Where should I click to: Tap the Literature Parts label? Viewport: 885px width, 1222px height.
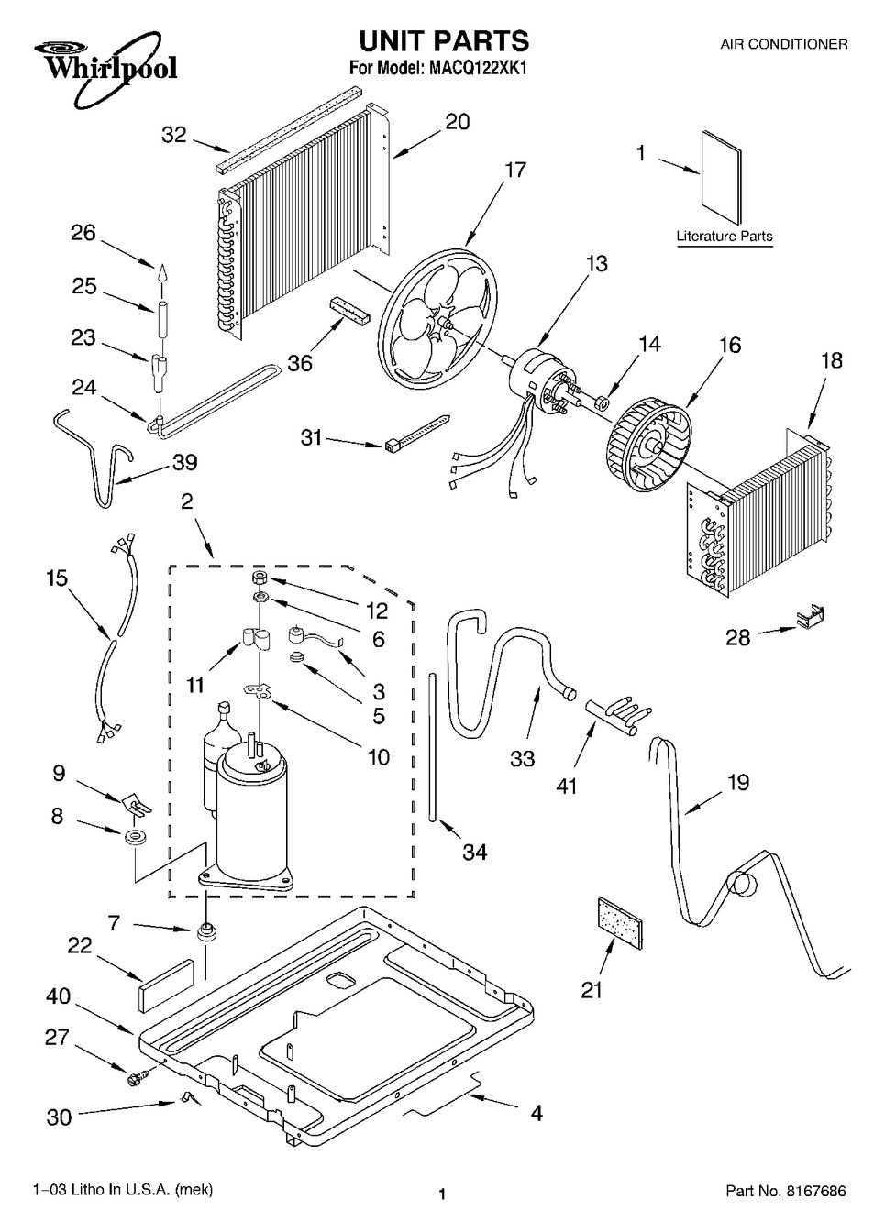(x=724, y=237)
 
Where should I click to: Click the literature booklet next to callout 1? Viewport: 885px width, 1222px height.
(x=720, y=178)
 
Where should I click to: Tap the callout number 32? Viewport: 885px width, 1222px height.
(x=173, y=136)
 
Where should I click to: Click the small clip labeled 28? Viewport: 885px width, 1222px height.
(x=807, y=623)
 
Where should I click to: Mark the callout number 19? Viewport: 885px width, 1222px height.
(x=737, y=782)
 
